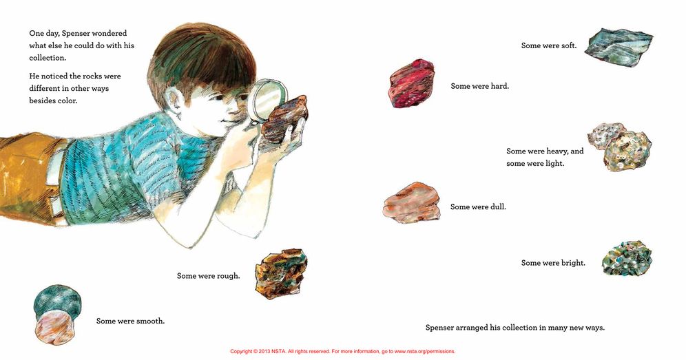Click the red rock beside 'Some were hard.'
(x=412, y=83)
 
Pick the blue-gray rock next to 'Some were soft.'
(x=619, y=48)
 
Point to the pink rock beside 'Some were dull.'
(x=412, y=202)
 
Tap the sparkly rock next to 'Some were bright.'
(x=627, y=258)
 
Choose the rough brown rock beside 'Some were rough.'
(x=281, y=273)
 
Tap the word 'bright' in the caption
(x=573, y=263)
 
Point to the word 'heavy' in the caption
(x=557, y=151)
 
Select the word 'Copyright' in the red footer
(x=241, y=351)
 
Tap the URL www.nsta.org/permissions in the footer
(x=424, y=351)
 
